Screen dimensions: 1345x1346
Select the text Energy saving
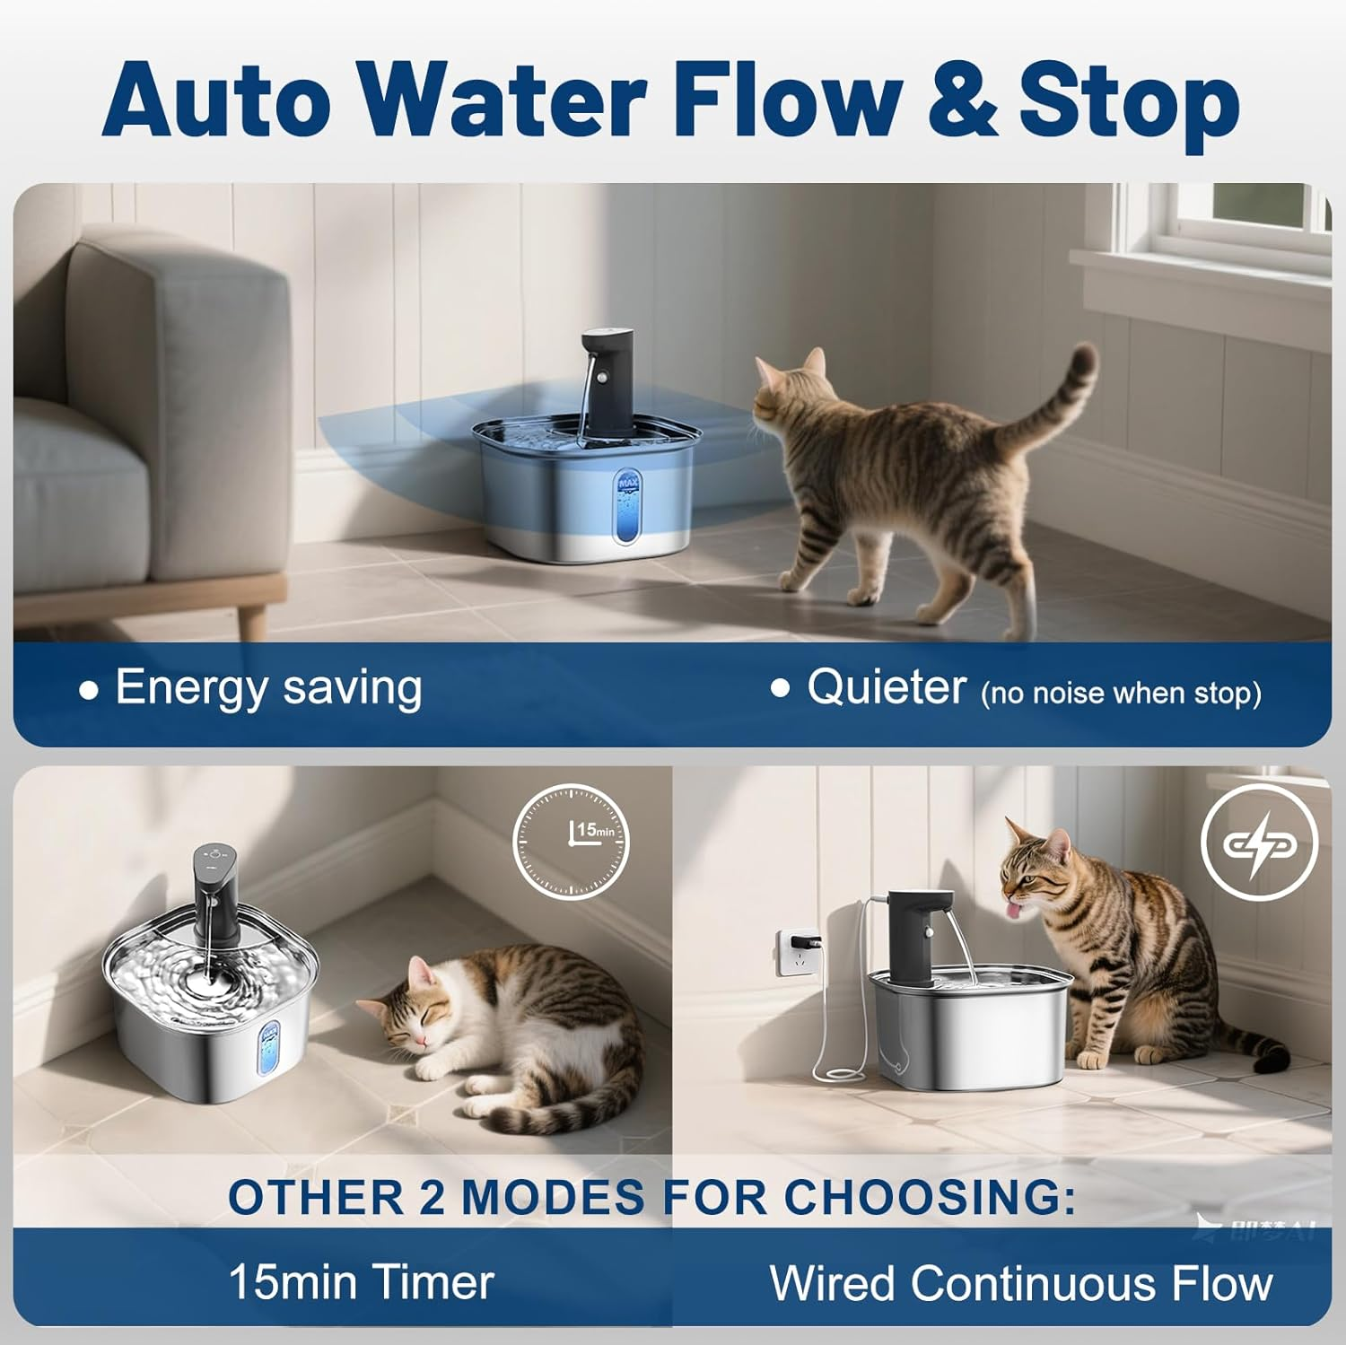(268, 689)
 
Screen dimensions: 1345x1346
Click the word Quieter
(886, 689)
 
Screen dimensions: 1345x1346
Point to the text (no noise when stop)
(1121, 694)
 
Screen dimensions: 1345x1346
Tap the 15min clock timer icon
(571, 842)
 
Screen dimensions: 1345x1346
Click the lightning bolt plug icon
(1258, 843)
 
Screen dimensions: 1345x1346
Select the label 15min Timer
(361, 1281)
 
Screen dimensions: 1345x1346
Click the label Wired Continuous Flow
(1021, 1283)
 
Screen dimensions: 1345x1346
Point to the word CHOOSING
(930, 1197)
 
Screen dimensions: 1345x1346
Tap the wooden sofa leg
(252, 620)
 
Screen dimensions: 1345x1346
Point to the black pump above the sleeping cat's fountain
(215, 883)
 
